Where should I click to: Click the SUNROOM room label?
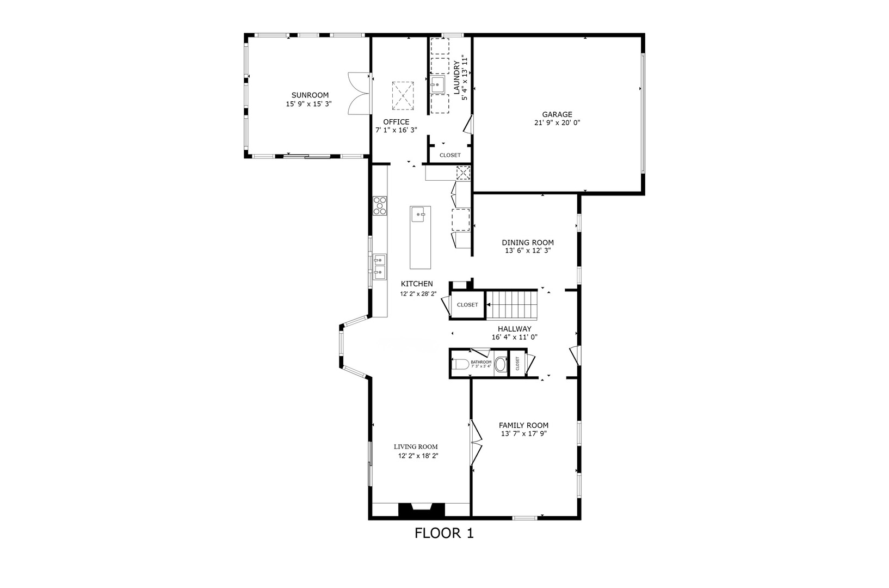(310, 95)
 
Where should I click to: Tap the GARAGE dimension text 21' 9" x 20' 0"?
(557, 123)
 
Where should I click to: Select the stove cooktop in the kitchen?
(380, 206)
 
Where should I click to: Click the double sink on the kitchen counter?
(380, 267)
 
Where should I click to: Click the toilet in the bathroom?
(460, 365)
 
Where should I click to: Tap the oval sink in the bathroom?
(501, 365)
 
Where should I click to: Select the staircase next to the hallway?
(511, 305)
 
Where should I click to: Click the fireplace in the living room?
(422, 510)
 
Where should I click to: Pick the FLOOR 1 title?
(444, 533)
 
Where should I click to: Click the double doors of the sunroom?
(359, 94)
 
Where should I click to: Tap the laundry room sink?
(438, 84)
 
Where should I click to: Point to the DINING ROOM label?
(527, 243)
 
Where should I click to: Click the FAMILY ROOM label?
(523, 425)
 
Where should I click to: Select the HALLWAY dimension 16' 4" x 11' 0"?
(515, 338)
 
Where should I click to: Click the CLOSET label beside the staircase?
(467, 305)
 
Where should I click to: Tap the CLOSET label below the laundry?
(450, 155)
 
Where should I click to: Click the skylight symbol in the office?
(403, 96)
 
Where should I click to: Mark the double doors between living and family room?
(476, 442)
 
